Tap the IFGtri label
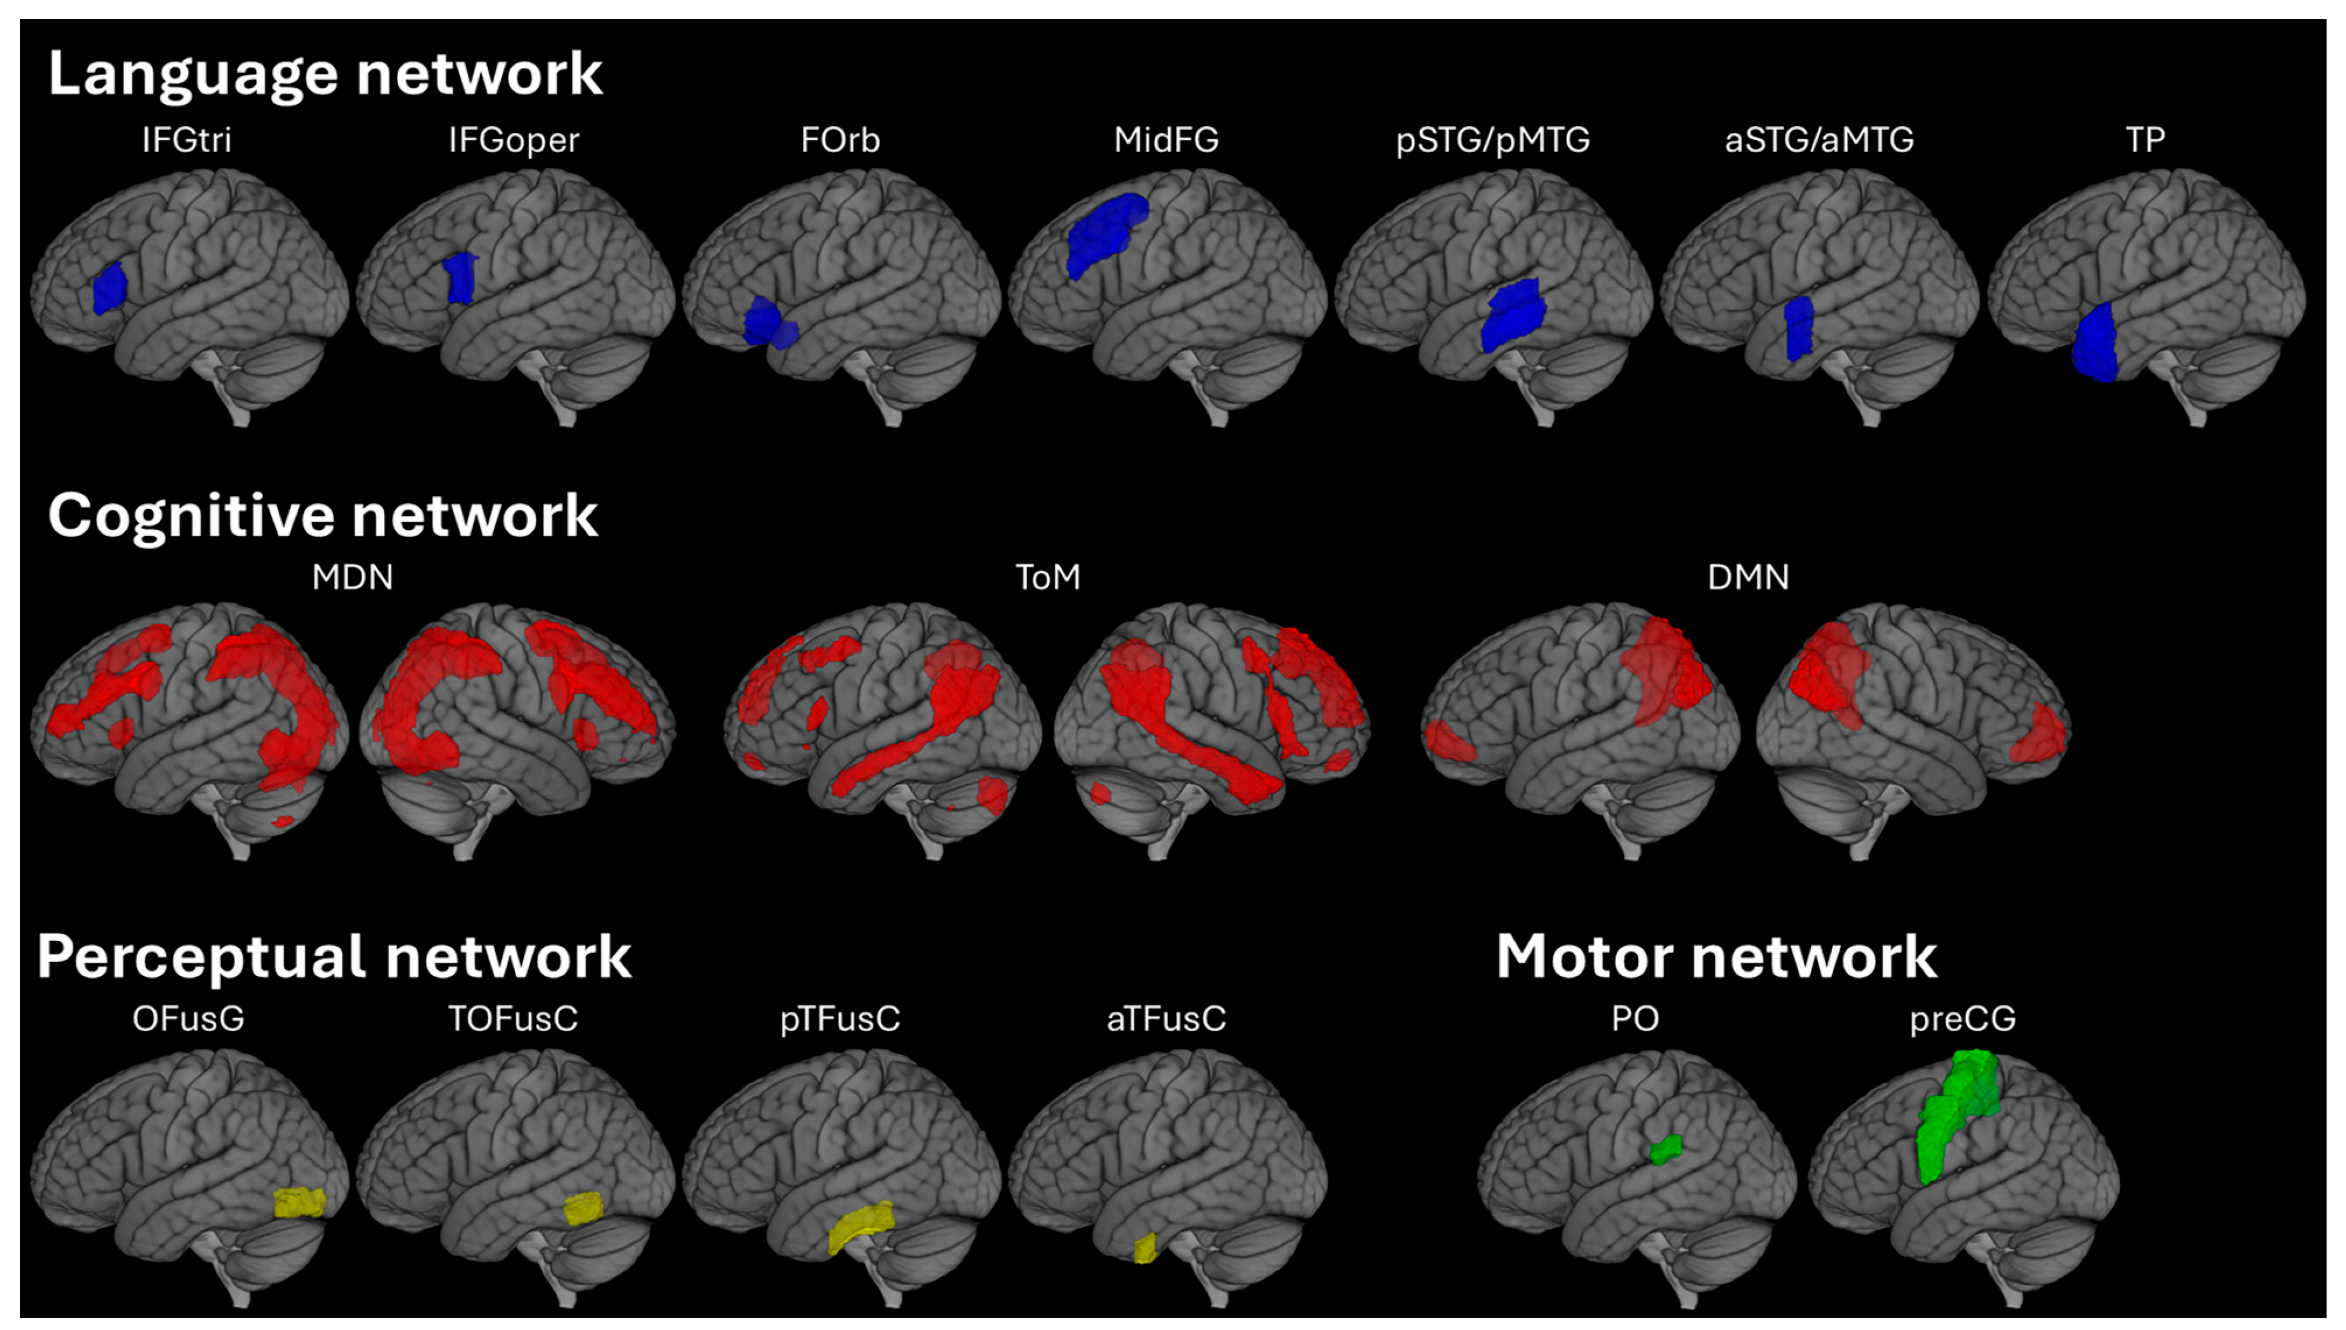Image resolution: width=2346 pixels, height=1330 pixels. tap(186, 140)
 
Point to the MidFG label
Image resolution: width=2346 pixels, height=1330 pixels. tap(1165, 140)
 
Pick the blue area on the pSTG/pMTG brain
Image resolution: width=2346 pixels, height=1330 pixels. tap(1512, 315)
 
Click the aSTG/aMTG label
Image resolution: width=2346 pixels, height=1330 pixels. tap(1819, 140)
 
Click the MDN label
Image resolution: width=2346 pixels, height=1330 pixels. tap(353, 577)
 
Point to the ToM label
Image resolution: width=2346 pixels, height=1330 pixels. tap(1048, 577)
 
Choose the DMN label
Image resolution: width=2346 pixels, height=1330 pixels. tap(1748, 577)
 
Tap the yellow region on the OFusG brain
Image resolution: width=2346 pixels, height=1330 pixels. tap(299, 1202)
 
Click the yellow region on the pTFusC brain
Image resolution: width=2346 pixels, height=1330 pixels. tap(859, 1226)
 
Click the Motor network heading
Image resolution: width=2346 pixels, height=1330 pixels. tap(1716, 957)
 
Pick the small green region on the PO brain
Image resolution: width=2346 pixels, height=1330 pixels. tap(1666, 1149)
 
